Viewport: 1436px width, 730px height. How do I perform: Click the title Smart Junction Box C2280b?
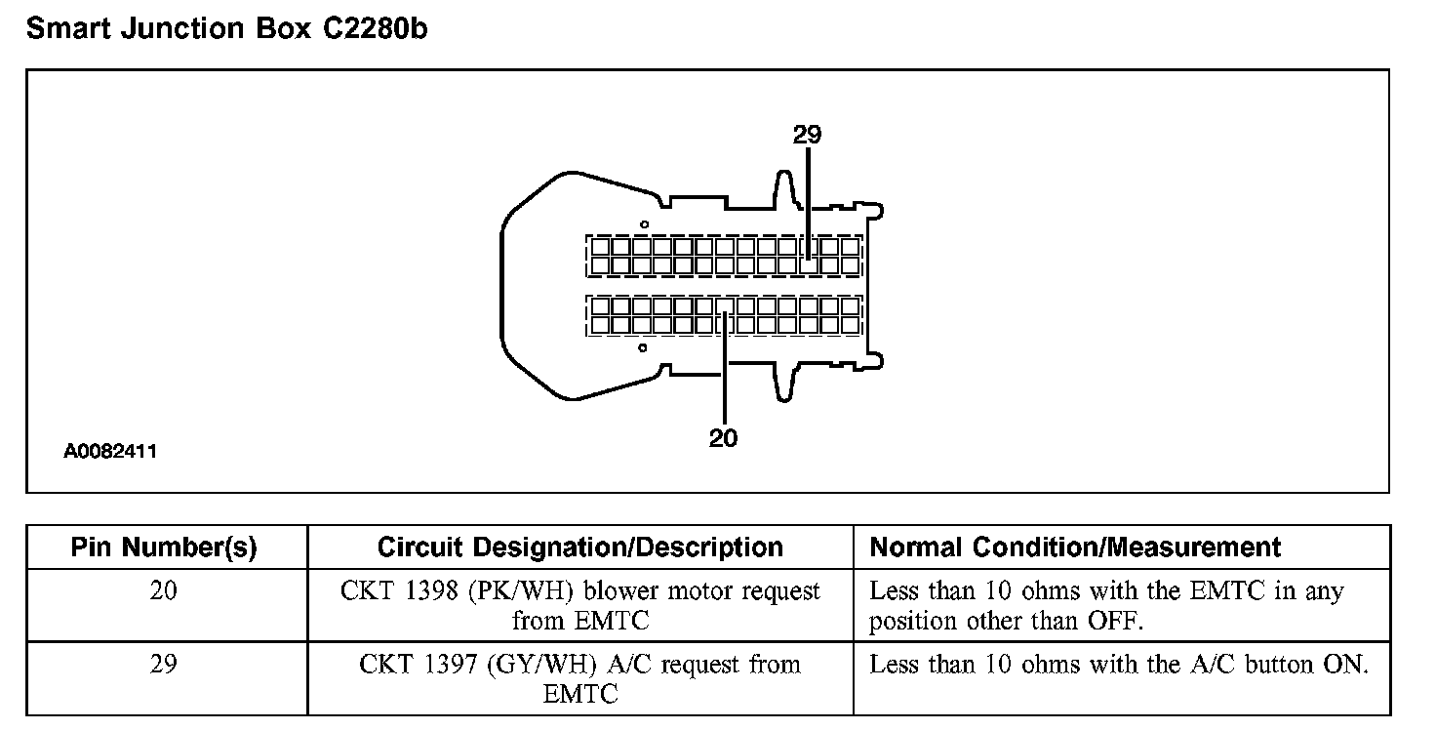[x=226, y=29]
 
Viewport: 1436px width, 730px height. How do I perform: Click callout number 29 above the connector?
[x=808, y=135]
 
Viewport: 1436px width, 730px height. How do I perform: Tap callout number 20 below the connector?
[x=724, y=438]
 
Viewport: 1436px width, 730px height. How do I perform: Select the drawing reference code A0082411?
[x=110, y=452]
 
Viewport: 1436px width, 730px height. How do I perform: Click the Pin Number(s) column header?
[x=164, y=547]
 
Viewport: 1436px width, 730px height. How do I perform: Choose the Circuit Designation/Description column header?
[x=579, y=547]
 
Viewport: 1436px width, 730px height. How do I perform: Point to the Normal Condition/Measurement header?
[x=1075, y=547]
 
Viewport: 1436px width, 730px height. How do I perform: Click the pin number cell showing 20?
[x=164, y=591]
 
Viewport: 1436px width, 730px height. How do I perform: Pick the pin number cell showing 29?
[x=164, y=665]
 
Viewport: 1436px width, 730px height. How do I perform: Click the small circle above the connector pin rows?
[x=643, y=224]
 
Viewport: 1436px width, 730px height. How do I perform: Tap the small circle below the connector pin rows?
[x=642, y=347]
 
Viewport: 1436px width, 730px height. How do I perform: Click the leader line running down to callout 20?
[x=725, y=381]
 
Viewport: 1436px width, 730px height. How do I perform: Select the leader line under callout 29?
[x=808, y=195]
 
